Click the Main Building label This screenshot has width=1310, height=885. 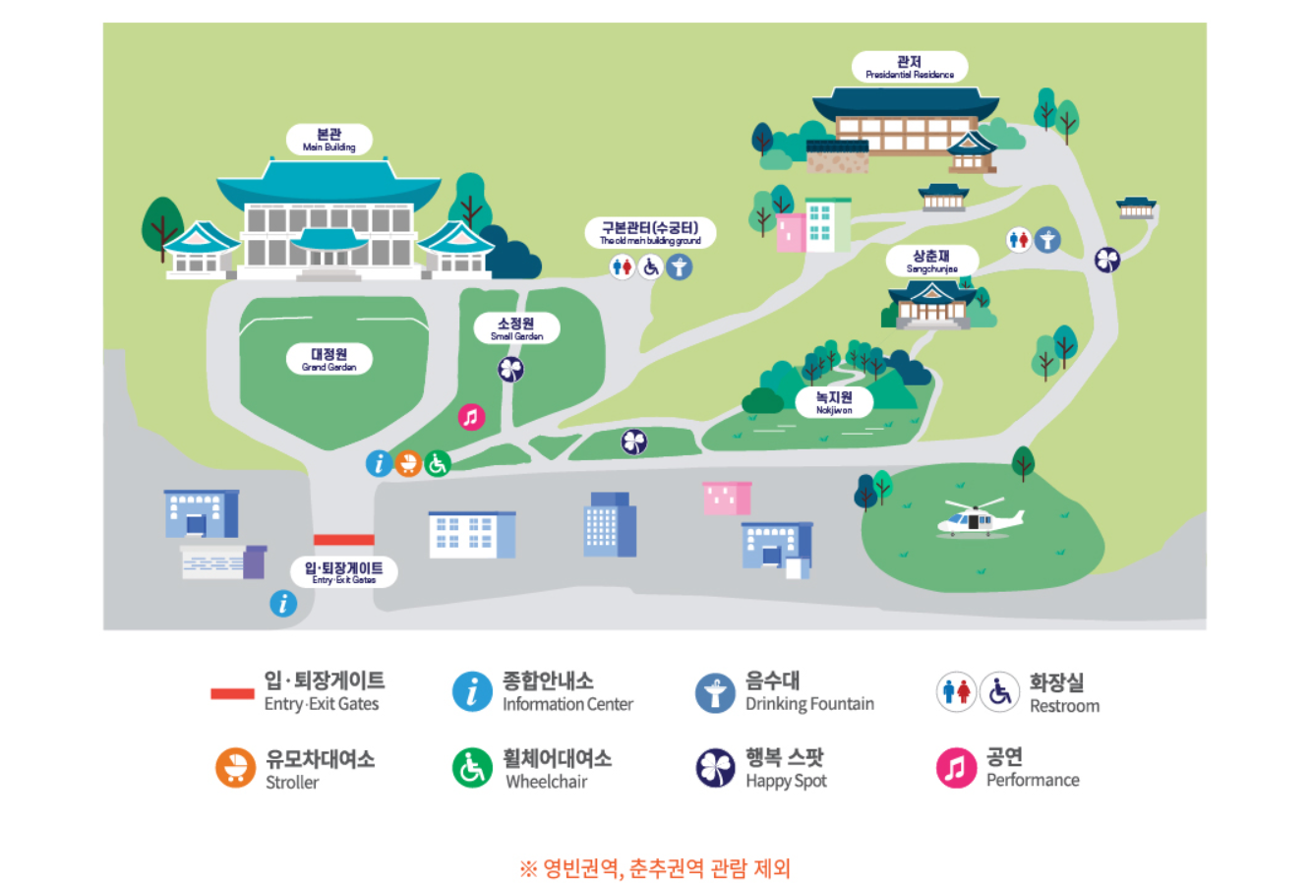(x=329, y=140)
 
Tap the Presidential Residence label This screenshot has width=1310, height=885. (x=910, y=67)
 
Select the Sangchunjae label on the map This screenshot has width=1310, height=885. (x=931, y=261)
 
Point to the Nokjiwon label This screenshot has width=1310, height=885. (x=834, y=402)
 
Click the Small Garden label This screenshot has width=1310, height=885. (x=516, y=328)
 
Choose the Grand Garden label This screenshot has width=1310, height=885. (x=329, y=359)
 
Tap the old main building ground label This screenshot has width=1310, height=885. (x=650, y=233)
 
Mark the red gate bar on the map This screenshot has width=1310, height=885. (x=344, y=540)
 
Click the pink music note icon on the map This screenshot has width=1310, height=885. (x=472, y=417)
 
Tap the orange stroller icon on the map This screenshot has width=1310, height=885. (x=408, y=462)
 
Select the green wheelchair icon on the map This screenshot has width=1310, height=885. (x=438, y=462)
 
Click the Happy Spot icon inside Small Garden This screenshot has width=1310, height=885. (x=511, y=370)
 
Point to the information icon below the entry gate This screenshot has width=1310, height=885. (x=283, y=603)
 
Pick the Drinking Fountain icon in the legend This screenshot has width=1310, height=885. (x=715, y=692)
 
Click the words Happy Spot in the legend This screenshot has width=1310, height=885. (x=786, y=781)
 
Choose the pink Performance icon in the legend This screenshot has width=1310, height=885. (x=955, y=768)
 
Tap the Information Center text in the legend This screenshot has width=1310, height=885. (x=567, y=704)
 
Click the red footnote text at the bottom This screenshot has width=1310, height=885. (x=655, y=868)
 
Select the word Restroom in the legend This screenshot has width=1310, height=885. (x=1064, y=705)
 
